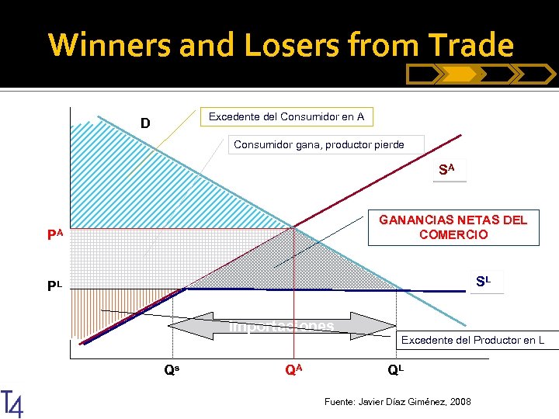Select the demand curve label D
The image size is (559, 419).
pyautogui.click(x=145, y=123)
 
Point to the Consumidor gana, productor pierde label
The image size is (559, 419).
pyautogui.click(x=319, y=144)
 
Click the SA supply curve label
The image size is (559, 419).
pyautogui.click(x=447, y=169)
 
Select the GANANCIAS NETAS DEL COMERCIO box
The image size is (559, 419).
pyautogui.click(x=453, y=227)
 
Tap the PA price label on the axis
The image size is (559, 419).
pyautogui.click(x=53, y=234)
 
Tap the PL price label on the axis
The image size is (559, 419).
pyautogui.click(x=54, y=286)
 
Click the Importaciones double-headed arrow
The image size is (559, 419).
pyautogui.click(x=283, y=326)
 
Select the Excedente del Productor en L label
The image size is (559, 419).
pyautogui.click(x=472, y=340)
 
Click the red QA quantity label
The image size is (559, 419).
pyautogui.click(x=293, y=370)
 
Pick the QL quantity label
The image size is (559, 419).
pyautogui.click(x=396, y=370)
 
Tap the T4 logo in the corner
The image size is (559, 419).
pyautogui.click(x=12, y=403)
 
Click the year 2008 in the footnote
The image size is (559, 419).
pyautogui.click(x=460, y=401)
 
